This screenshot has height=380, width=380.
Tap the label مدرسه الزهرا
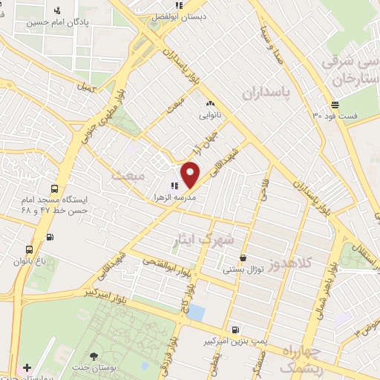point(173,200)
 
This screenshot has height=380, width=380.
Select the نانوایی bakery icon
point(210,104)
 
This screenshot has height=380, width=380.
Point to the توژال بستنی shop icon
point(243,258)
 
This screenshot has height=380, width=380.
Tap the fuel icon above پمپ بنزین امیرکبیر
point(235,330)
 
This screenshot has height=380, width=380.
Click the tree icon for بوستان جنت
point(94,356)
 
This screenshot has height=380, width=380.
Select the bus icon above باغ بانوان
point(29,249)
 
